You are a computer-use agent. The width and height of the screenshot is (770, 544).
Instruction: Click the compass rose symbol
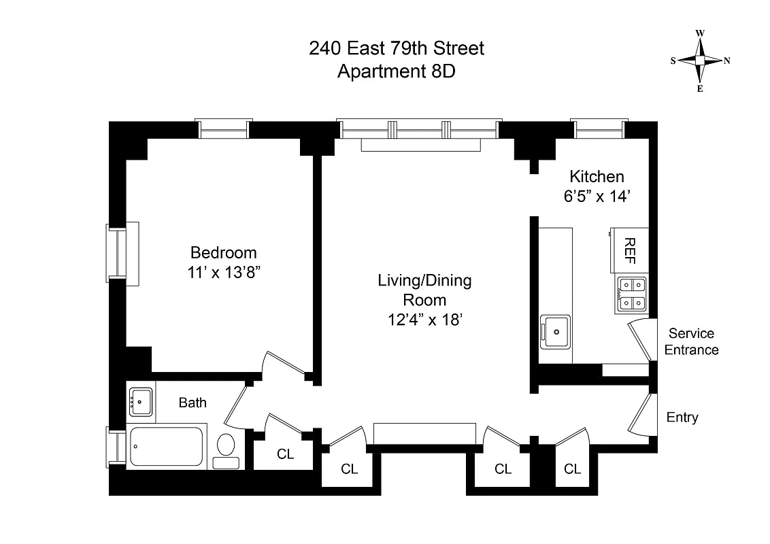(699, 61)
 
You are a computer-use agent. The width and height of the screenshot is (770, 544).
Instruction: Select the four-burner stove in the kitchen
(631, 295)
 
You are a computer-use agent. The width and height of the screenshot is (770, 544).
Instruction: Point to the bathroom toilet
(226, 447)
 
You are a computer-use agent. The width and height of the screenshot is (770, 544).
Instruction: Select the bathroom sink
(141, 401)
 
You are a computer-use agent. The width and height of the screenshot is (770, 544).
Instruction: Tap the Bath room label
(192, 403)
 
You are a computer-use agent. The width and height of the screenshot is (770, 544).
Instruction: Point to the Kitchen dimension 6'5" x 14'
(597, 197)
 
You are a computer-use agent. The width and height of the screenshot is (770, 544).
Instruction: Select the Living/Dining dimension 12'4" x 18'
(424, 319)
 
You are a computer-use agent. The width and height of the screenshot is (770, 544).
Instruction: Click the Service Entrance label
(691, 342)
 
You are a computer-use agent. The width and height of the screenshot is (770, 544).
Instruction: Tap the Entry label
(682, 418)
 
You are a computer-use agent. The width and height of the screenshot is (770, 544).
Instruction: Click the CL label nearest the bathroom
(286, 454)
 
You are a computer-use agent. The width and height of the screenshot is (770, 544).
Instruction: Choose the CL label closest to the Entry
(573, 469)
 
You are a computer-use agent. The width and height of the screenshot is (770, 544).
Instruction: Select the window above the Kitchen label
(597, 128)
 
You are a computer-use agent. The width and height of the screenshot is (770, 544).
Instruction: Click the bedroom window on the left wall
(117, 253)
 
